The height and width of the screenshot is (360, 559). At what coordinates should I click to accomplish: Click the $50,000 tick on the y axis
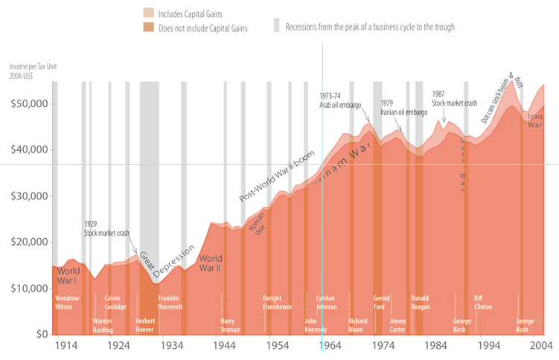[28, 103]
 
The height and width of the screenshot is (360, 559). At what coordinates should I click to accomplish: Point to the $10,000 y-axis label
[28, 288]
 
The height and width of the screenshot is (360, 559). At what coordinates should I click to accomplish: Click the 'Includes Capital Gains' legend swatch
[148, 14]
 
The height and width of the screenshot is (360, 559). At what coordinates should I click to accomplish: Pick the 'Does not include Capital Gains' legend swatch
[148, 28]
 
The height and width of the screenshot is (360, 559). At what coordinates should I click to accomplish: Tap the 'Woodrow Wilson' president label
[68, 301]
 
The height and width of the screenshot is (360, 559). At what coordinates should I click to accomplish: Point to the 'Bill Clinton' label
[483, 301]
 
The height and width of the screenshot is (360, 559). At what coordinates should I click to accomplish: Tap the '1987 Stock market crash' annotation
[454, 98]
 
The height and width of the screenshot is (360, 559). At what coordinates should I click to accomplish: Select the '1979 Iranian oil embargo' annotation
[403, 108]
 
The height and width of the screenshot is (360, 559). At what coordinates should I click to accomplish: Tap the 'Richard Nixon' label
[358, 325]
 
